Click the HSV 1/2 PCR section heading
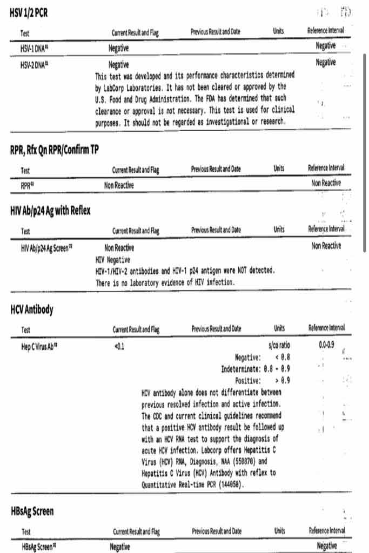(29, 13)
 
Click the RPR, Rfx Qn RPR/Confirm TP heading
(54, 150)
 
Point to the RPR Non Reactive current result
(119, 185)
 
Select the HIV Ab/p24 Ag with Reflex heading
(50, 211)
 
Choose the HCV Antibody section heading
(32, 310)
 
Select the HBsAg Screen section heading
(32, 511)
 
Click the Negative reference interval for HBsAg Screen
(326, 545)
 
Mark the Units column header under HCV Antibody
(279, 328)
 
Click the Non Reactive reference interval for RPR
(326, 183)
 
